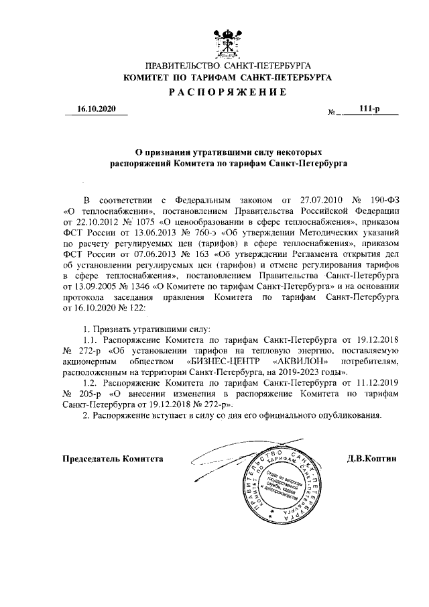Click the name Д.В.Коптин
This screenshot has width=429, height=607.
click(x=373, y=459)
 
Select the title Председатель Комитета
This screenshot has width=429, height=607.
click(x=113, y=459)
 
